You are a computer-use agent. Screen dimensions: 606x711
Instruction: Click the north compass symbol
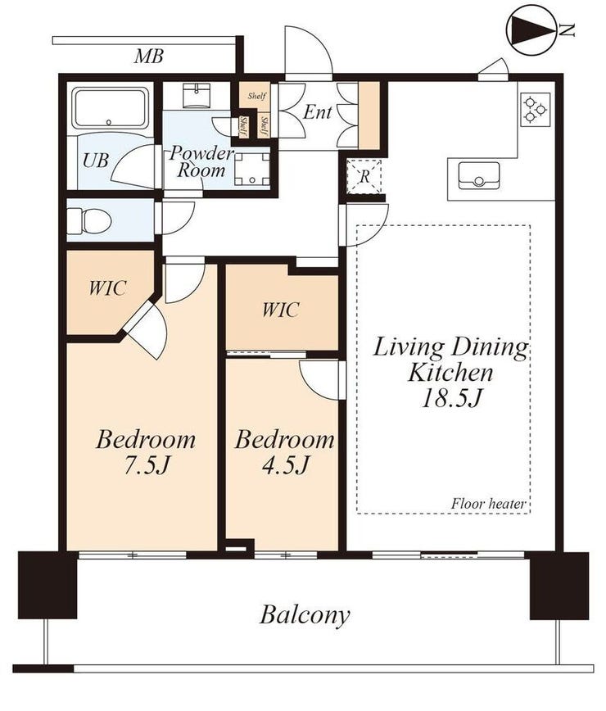[533, 30]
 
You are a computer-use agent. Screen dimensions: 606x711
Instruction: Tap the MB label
[149, 57]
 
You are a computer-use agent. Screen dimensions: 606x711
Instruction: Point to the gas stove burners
[536, 109]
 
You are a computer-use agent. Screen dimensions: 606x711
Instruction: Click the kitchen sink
[478, 176]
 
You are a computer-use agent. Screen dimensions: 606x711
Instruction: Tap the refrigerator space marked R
[364, 176]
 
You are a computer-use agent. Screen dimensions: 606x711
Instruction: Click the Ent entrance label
[317, 112]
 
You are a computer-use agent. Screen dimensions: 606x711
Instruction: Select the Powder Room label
[201, 161]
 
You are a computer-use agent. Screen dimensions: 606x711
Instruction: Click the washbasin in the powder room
[197, 96]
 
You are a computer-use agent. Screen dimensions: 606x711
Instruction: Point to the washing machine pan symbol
[252, 169]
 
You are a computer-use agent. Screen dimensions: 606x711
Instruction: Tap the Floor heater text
[488, 503]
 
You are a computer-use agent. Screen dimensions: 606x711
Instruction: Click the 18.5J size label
[451, 399]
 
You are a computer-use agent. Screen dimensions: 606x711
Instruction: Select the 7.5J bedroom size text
[146, 465]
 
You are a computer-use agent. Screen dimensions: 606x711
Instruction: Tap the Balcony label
[305, 615]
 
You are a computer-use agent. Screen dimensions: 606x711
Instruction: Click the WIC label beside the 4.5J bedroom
[281, 310]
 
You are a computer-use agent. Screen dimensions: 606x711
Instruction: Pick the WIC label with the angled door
[107, 288]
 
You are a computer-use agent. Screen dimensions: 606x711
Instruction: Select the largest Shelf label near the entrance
[257, 96]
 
